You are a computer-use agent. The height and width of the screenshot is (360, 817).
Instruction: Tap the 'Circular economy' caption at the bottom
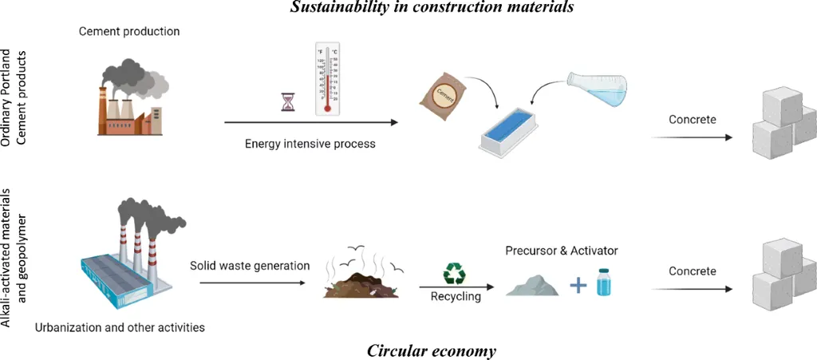[x=432, y=350]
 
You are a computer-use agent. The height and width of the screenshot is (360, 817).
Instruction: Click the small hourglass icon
[x=287, y=101]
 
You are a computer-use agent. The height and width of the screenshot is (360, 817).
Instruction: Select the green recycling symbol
[x=454, y=274]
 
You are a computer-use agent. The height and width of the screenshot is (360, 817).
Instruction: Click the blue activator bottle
[x=608, y=281]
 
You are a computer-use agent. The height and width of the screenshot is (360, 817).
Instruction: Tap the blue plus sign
[x=576, y=283]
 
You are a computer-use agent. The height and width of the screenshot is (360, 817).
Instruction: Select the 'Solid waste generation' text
[x=250, y=265]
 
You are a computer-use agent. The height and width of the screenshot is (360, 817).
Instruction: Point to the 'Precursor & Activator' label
[x=562, y=251]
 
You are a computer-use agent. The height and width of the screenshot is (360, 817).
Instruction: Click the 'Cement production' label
[x=129, y=31]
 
